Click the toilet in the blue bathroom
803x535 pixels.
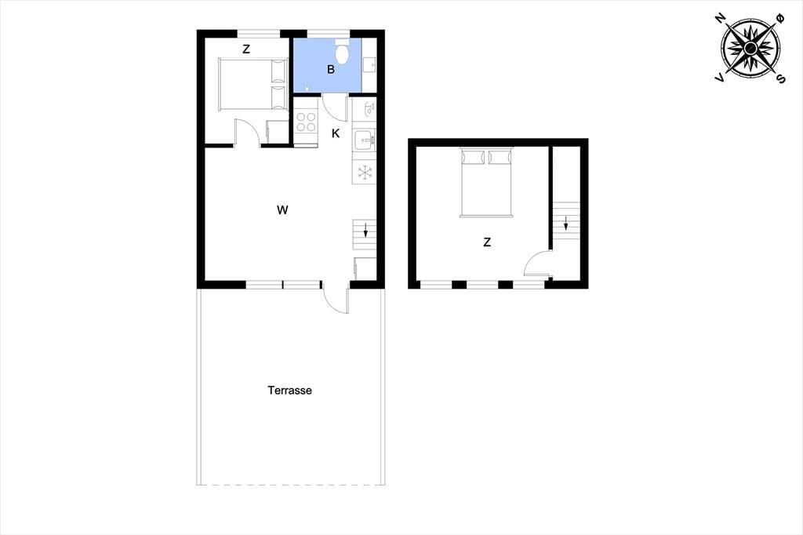pos(342,51)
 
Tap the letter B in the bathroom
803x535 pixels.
pos(331,70)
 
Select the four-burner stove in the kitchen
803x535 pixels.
pos(306,122)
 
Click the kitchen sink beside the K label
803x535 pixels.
pos(364,140)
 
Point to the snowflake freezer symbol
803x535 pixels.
pos(364,172)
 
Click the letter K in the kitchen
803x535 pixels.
pos(336,133)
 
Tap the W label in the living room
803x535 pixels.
pos(282,209)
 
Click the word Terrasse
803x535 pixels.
pos(290,391)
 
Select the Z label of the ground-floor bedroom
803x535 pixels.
pos(246,49)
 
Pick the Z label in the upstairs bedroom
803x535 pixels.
pos(487,242)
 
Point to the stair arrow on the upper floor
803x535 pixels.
pos(566,224)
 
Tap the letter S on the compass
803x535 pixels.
pos(781,78)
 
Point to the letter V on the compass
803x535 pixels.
pos(720,78)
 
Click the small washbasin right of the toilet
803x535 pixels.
pos(369,65)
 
